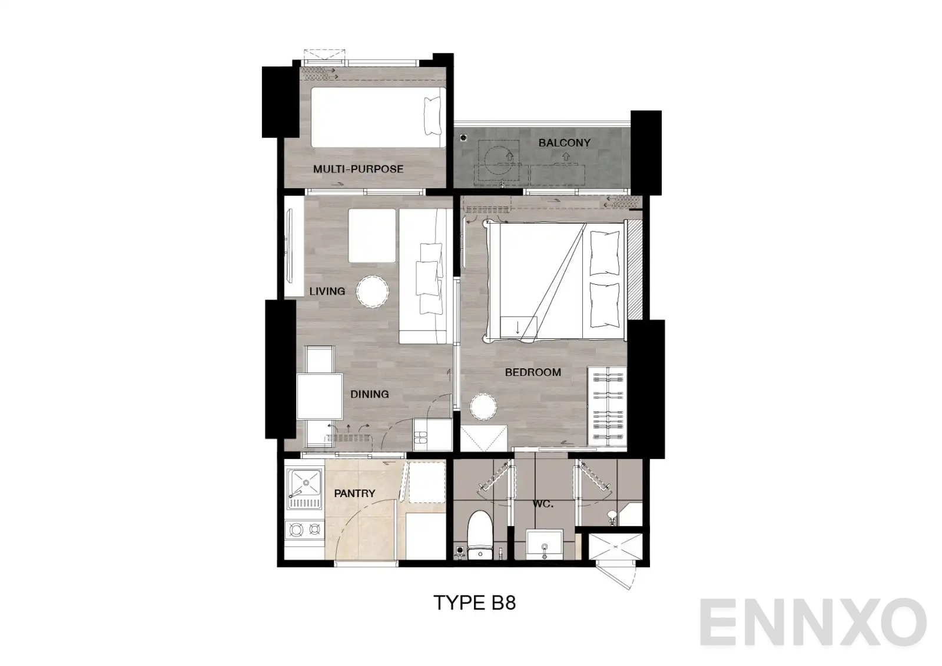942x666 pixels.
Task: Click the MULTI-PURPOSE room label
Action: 358,169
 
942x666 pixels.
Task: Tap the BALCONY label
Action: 564,142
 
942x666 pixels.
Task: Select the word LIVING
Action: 327,291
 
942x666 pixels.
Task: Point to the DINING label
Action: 369,394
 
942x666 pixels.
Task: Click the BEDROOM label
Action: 533,372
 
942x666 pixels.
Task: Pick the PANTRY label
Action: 354,494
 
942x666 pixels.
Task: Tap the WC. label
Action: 543,504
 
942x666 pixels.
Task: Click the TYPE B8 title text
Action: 475,602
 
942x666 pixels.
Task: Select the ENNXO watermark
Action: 812,622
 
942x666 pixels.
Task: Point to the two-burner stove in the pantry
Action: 304,530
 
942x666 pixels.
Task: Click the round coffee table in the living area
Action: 372,291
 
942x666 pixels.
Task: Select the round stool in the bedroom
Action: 483,407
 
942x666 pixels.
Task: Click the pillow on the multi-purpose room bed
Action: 433,115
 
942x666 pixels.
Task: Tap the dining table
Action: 320,395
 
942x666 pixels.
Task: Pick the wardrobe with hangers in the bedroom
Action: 606,405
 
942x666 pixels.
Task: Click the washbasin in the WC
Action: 545,545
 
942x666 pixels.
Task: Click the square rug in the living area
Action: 372,235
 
